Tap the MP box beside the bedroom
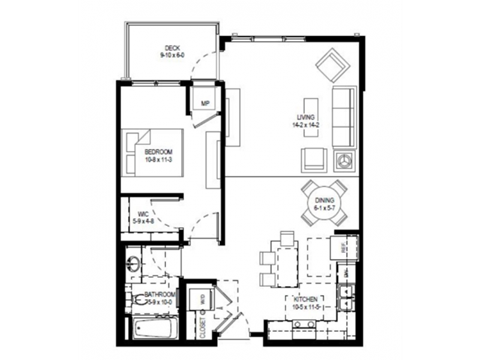[204, 103]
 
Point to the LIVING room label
[303, 121]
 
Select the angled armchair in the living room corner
[330, 67]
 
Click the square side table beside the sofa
[346, 160]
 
